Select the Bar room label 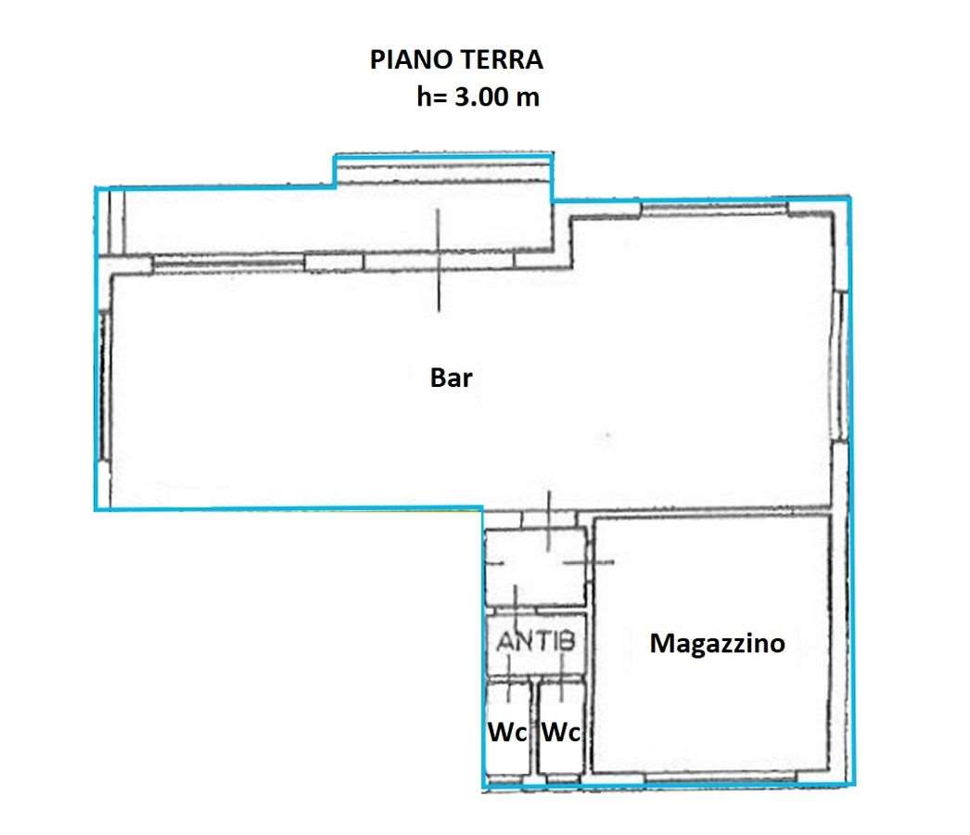[451, 378]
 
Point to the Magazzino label [717, 644]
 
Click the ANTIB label [536, 641]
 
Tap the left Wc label [507, 732]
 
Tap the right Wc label [560, 732]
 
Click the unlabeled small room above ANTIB [536, 567]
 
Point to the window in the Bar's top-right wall [714, 210]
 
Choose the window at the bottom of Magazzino [720, 777]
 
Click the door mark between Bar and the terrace [439, 260]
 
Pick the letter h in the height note [423, 97]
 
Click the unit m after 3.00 [529, 99]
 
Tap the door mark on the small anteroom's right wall [588, 562]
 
